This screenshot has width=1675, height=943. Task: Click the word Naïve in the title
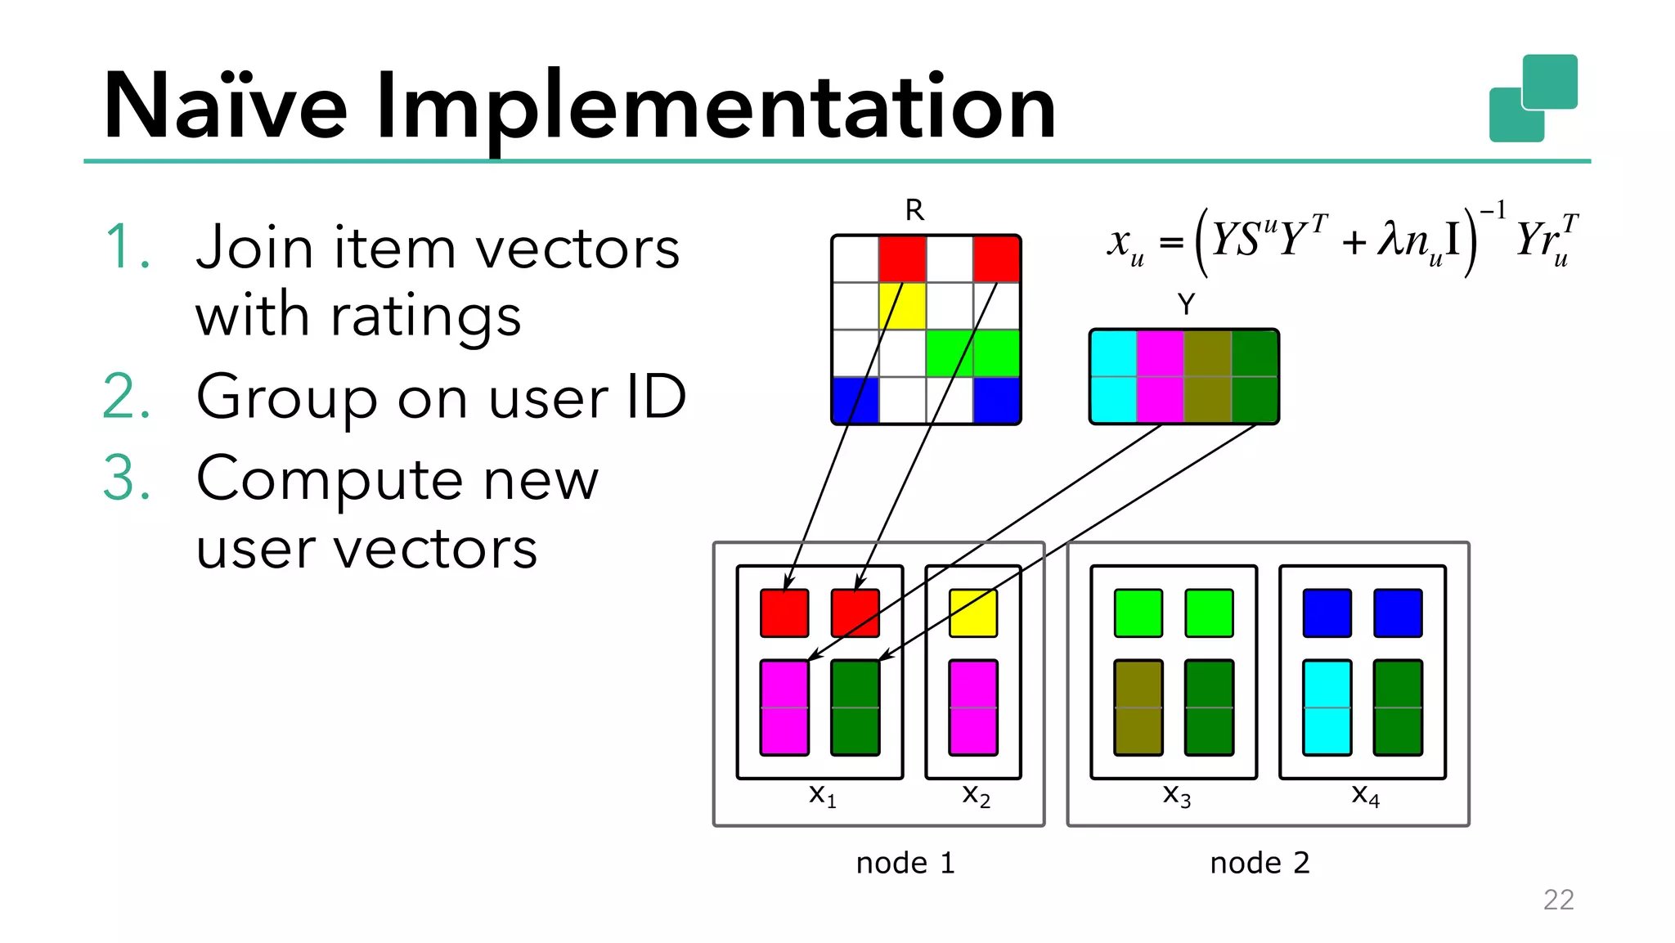[226, 107]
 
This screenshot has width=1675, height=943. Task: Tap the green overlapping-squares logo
[1533, 98]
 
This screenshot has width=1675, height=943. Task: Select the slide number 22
[1558, 900]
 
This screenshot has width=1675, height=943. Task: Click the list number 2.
[126, 397]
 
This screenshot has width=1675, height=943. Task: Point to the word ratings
[425, 316]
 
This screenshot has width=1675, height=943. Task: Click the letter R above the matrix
[914, 211]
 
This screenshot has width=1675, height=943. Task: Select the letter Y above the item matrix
[1186, 305]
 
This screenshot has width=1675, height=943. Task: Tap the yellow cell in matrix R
[902, 306]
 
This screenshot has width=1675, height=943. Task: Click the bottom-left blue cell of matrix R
[855, 400]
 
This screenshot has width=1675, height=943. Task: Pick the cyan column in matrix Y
[1113, 377]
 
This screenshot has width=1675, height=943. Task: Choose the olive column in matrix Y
[1207, 377]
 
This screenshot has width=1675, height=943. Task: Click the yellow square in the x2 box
[973, 613]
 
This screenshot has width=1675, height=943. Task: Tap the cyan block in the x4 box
[1327, 707]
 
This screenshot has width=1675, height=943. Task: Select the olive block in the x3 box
[1138, 707]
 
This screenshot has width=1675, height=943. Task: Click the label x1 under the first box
[822, 795]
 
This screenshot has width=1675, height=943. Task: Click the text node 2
[1260, 863]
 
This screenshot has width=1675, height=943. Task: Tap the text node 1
[905, 863]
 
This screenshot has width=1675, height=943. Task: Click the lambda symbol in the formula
[1390, 239]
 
